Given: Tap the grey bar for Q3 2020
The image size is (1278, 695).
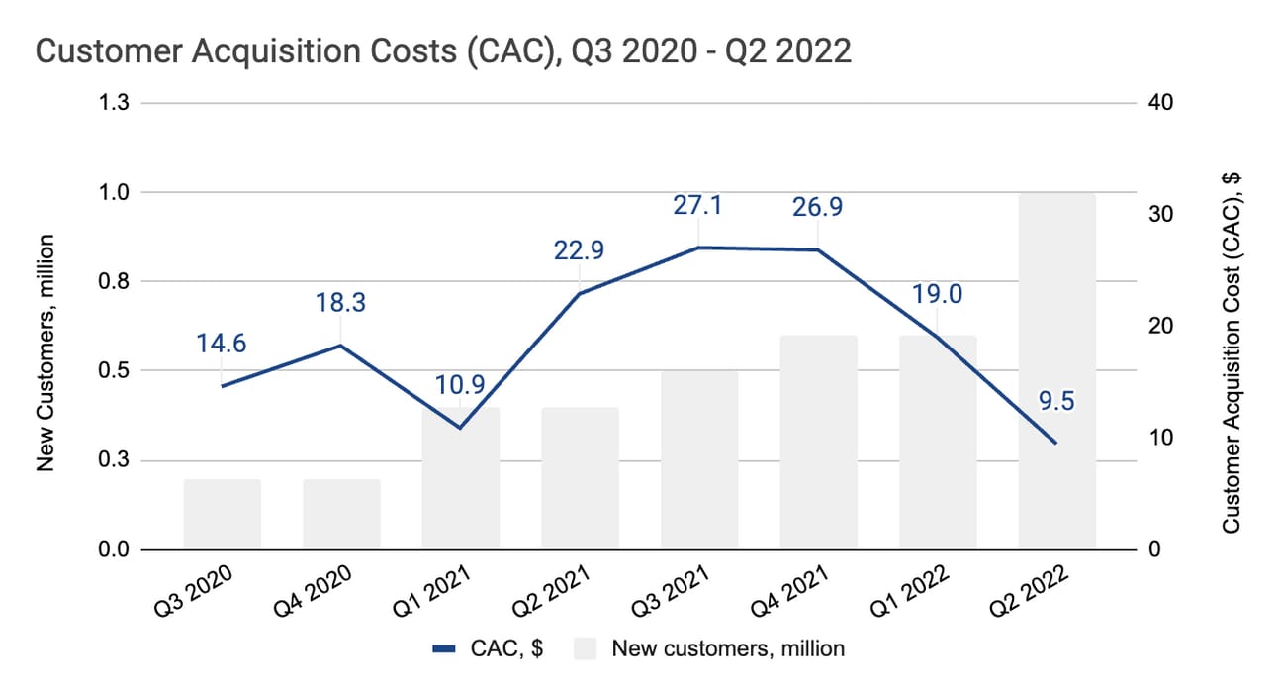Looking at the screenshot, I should [x=222, y=515].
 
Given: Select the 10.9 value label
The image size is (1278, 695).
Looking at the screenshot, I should [x=460, y=385].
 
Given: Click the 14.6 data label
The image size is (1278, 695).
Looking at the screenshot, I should [x=222, y=344].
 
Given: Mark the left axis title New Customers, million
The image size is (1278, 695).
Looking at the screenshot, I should [x=45, y=353].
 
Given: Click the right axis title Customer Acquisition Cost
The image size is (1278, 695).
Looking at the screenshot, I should [x=1232, y=353].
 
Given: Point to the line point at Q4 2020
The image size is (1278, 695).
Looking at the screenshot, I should [x=341, y=346].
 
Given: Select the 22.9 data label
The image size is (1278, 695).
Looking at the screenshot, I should [x=579, y=250].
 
